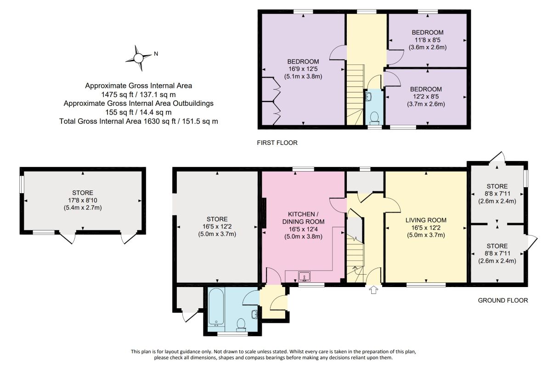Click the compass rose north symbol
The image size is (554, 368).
coord(138,58)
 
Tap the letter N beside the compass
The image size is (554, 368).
coord(156,54)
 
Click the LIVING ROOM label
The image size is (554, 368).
coord(426,220)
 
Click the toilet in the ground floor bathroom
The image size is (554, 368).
coord(241,325)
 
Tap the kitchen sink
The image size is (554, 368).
coord(304,276)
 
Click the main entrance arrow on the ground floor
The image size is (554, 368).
coord(373,290)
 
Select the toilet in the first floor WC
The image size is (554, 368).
coord(374,118)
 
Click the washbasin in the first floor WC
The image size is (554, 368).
coord(368,96)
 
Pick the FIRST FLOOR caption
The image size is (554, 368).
coord(277,143)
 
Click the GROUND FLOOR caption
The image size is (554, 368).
coord(503,300)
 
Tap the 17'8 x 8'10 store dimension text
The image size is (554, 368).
coord(83,201)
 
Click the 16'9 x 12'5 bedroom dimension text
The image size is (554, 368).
coord(303,69)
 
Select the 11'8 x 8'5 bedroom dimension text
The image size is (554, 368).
coord(428,40)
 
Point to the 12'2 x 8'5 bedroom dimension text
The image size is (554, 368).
coord(426,97)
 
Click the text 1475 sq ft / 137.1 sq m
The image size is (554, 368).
coord(139,95)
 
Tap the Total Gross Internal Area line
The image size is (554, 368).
coord(139,121)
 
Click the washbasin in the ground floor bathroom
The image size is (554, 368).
coord(255,315)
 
